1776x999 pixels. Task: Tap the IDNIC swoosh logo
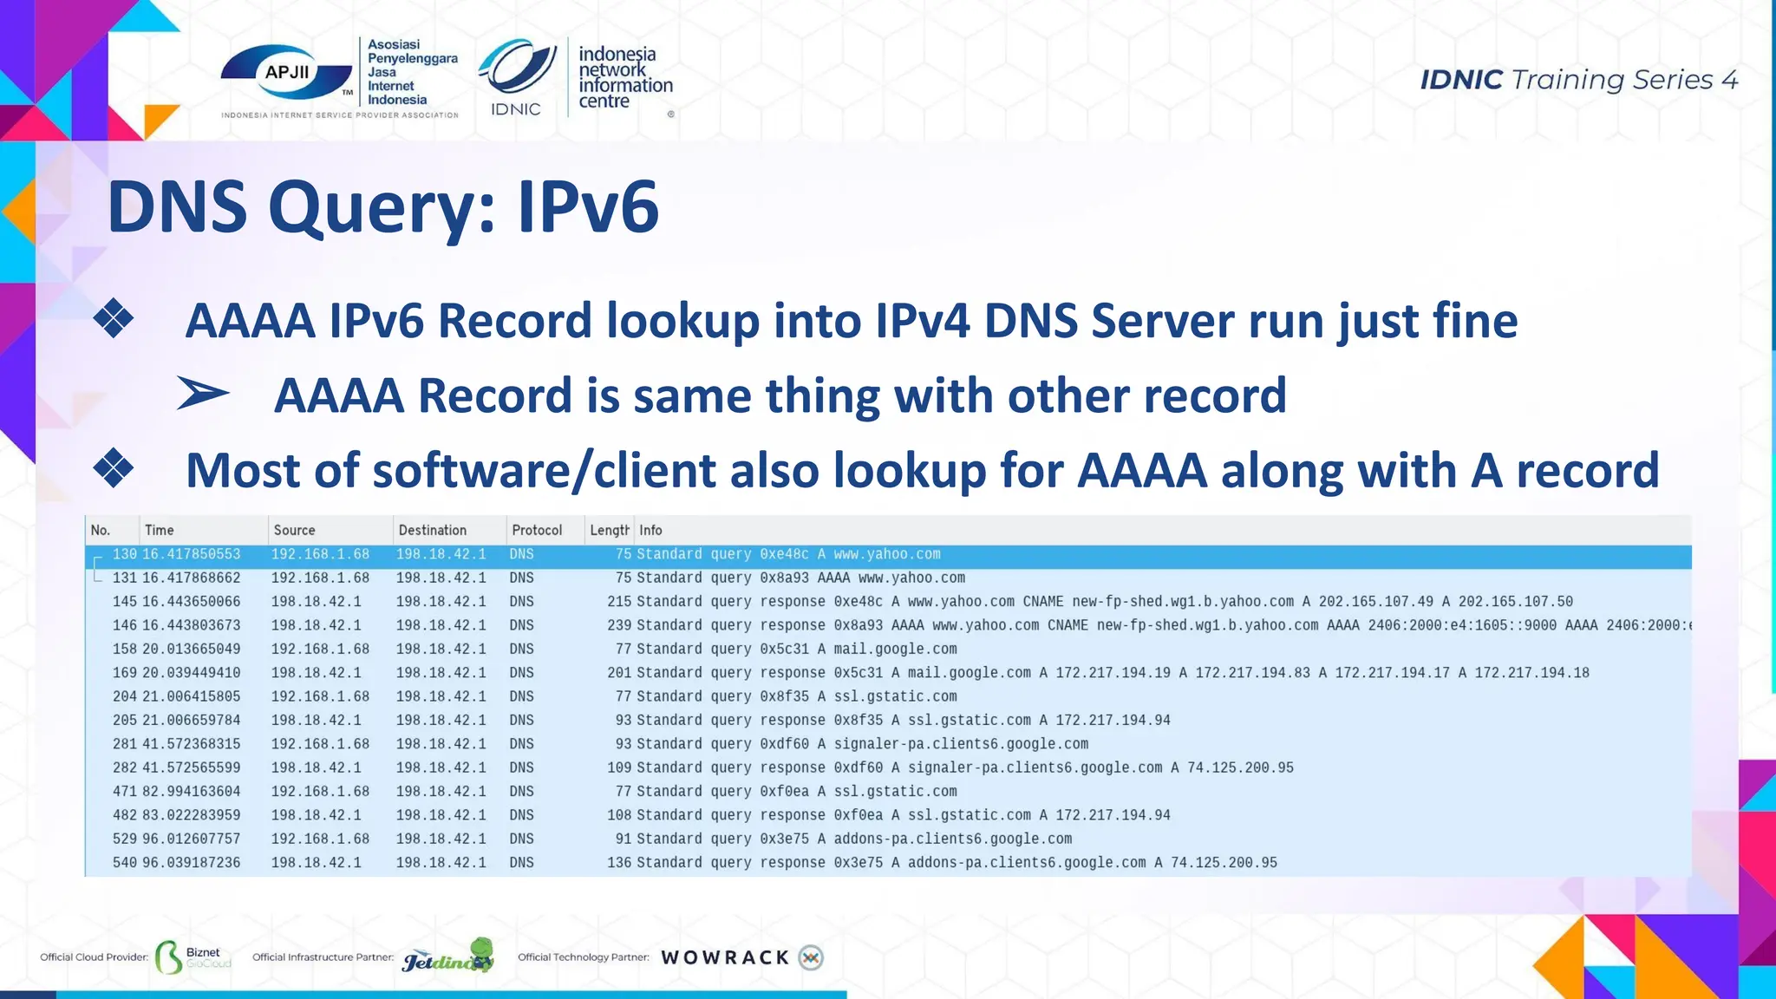point(518,68)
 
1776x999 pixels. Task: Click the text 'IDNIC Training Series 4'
point(1578,80)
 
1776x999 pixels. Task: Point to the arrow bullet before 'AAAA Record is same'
point(203,394)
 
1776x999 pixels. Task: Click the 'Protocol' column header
point(537,530)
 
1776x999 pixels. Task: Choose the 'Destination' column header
point(432,530)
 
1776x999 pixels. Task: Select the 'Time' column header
point(160,530)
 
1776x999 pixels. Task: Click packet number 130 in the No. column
point(125,554)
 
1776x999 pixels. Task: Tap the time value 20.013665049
point(192,649)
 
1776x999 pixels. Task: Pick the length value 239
point(619,625)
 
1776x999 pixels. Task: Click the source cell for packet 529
point(320,839)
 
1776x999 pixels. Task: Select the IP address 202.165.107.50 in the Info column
point(1515,601)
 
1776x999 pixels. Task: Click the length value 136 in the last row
point(619,863)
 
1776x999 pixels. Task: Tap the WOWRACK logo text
point(725,957)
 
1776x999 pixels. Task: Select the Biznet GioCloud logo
point(193,957)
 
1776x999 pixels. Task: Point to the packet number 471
point(125,792)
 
